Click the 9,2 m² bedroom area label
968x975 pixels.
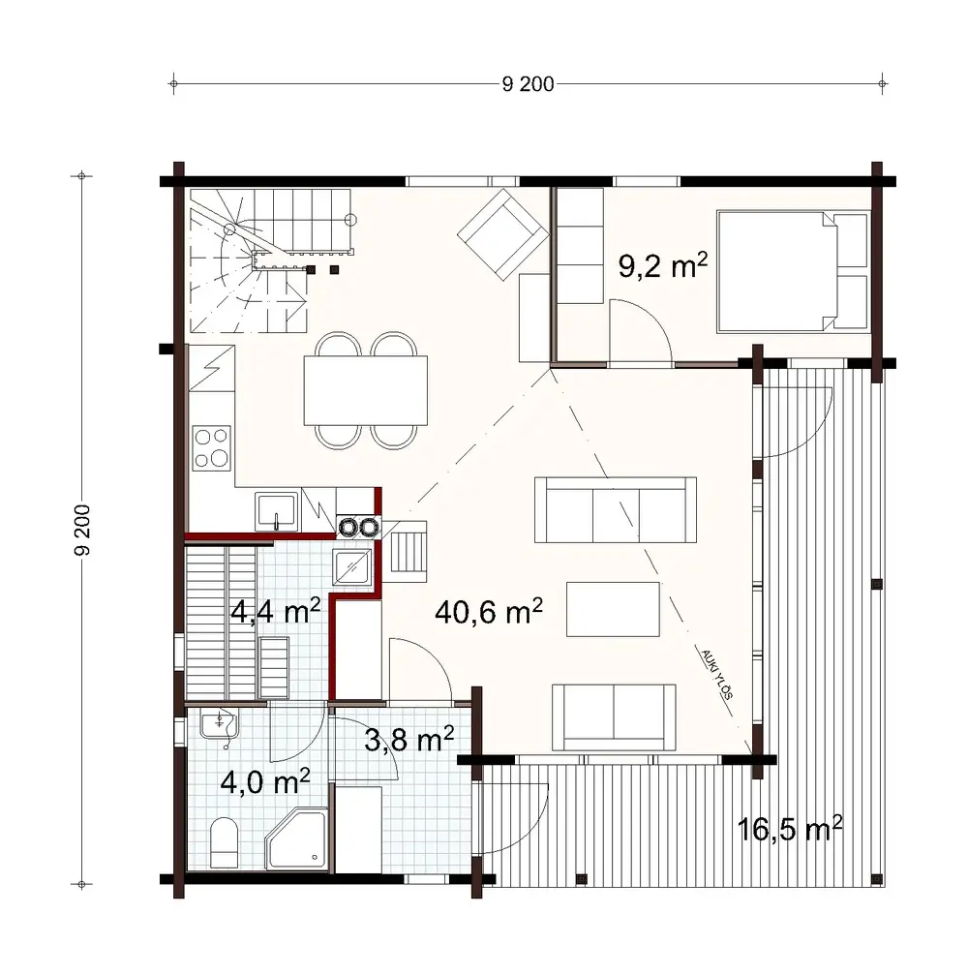657,265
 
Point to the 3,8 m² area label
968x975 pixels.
409,741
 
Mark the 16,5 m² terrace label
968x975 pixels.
790,830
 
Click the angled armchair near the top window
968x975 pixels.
500,233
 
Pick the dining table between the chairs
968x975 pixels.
366,390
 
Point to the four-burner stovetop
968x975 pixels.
212,447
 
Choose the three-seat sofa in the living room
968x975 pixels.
616,509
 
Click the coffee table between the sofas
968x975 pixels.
614,609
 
